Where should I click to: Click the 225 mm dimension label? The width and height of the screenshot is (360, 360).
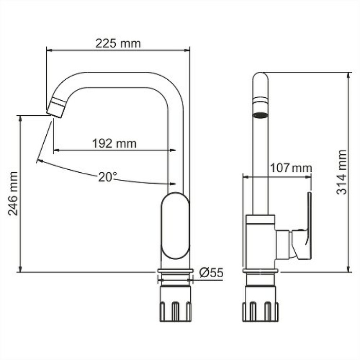point(118,44)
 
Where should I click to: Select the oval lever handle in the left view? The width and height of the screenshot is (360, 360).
point(175,226)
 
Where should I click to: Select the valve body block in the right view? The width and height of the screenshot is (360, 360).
point(261,242)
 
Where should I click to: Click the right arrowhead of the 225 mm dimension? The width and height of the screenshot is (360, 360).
point(186,50)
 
